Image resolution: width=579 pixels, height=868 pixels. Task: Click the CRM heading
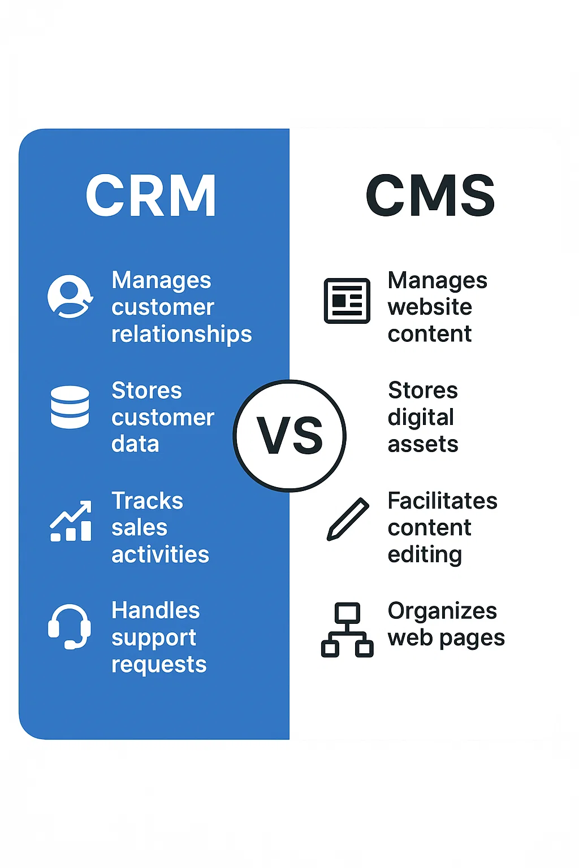tap(151, 196)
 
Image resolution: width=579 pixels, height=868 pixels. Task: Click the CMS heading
tap(430, 196)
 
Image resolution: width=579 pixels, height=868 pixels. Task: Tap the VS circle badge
tap(289, 436)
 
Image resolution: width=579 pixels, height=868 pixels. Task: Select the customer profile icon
tap(70, 297)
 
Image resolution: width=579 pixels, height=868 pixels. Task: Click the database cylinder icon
tap(70, 407)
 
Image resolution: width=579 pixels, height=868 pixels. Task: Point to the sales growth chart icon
tap(71, 521)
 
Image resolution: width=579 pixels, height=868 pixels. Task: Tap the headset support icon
tap(70, 627)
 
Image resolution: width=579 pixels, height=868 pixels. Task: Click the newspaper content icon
tap(347, 301)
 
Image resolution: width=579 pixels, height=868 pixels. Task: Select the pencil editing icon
tap(348, 519)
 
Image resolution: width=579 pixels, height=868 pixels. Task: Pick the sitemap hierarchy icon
tap(347, 630)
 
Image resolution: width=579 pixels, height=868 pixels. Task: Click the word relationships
tap(182, 335)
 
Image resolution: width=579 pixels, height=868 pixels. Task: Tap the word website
tap(430, 307)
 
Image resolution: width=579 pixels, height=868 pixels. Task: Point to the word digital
tap(421, 418)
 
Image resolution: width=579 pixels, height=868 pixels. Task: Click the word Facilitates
tap(442, 501)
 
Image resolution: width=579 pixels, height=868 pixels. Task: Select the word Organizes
tap(442, 611)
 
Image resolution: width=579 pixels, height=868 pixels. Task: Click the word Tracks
tap(147, 501)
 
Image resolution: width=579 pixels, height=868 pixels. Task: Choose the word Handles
tap(155, 610)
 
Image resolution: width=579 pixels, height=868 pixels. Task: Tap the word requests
tap(159, 665)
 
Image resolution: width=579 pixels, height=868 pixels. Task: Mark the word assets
tap(423, 445)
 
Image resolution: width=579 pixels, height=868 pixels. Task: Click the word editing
tap(425, 555)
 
